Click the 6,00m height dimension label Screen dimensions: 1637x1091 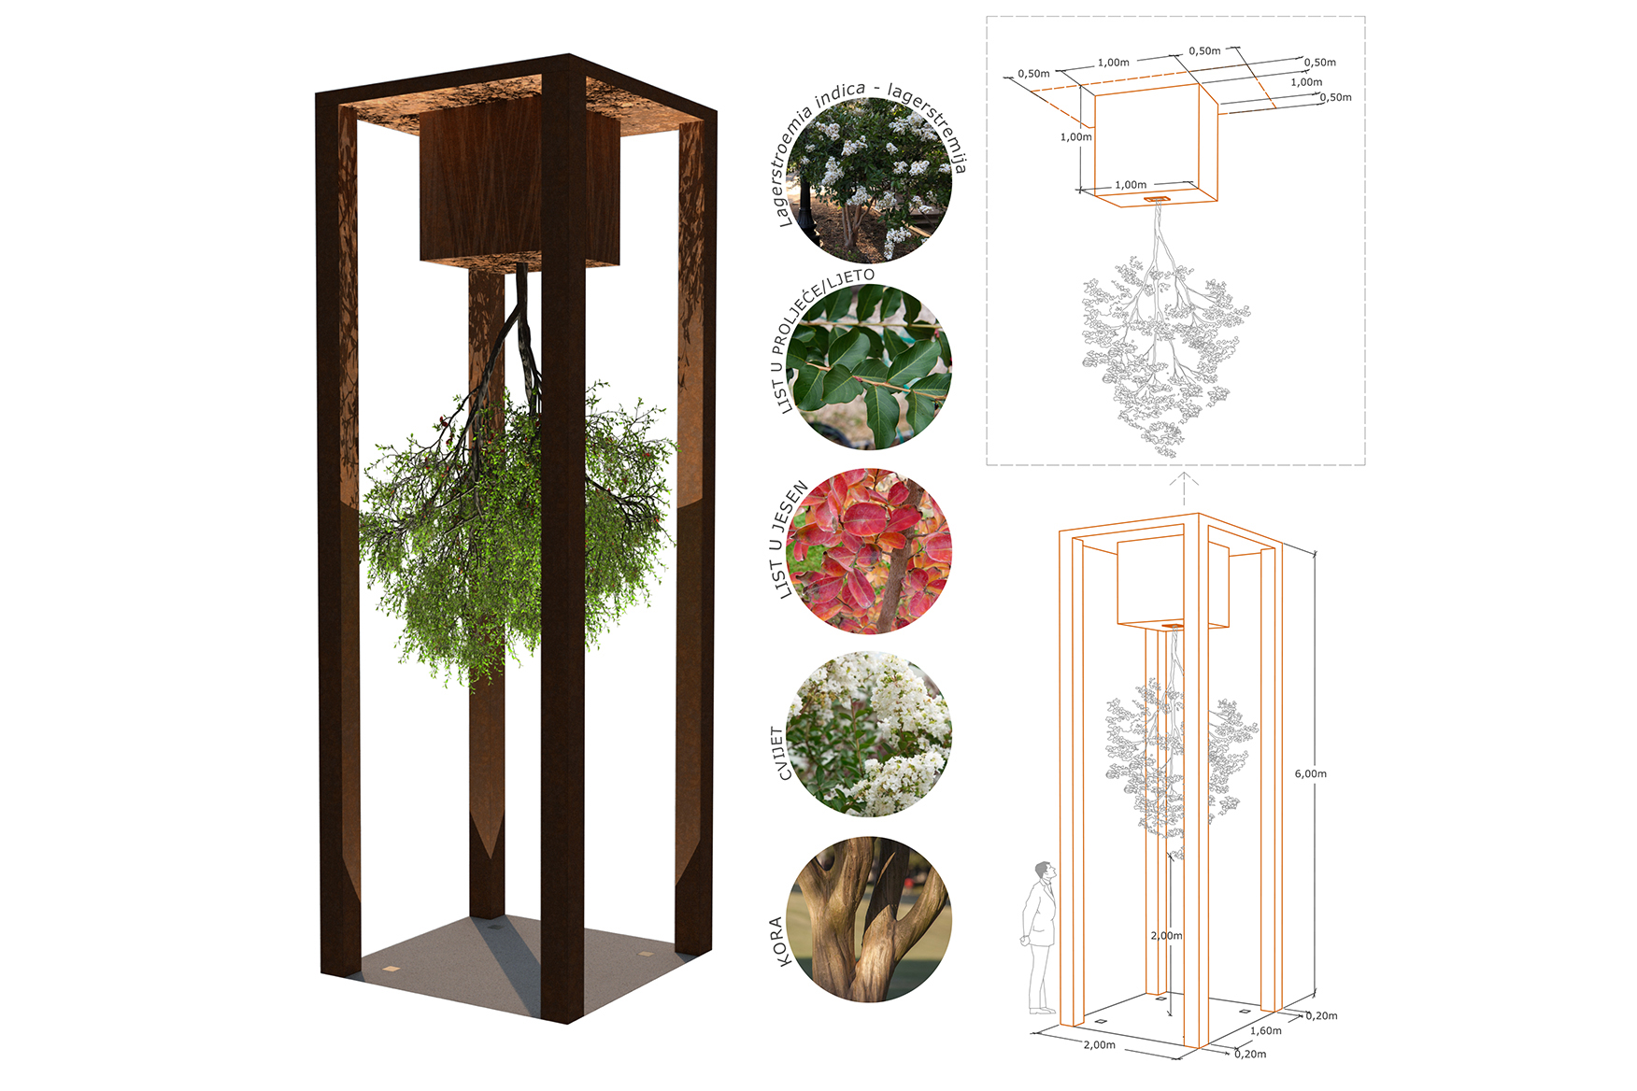point(1310,773)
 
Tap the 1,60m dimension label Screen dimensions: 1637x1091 point(1266,1030)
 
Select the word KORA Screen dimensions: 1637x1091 point(780,942)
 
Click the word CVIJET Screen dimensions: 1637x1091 point(780,753)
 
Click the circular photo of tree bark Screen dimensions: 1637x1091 point(869,919)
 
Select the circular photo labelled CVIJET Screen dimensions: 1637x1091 point(869,734)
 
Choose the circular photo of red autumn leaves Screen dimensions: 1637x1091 point(869,551)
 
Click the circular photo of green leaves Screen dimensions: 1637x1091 point(869,366)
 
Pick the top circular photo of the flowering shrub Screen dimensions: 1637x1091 point(869,179)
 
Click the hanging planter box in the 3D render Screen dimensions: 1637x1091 point(520,187)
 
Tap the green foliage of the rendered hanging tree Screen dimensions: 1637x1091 point(516,532)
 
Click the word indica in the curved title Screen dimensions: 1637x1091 point(840,96)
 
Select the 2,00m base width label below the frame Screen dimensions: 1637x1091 point(1099,1044)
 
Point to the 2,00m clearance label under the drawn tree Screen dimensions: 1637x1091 point(1166,935)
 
